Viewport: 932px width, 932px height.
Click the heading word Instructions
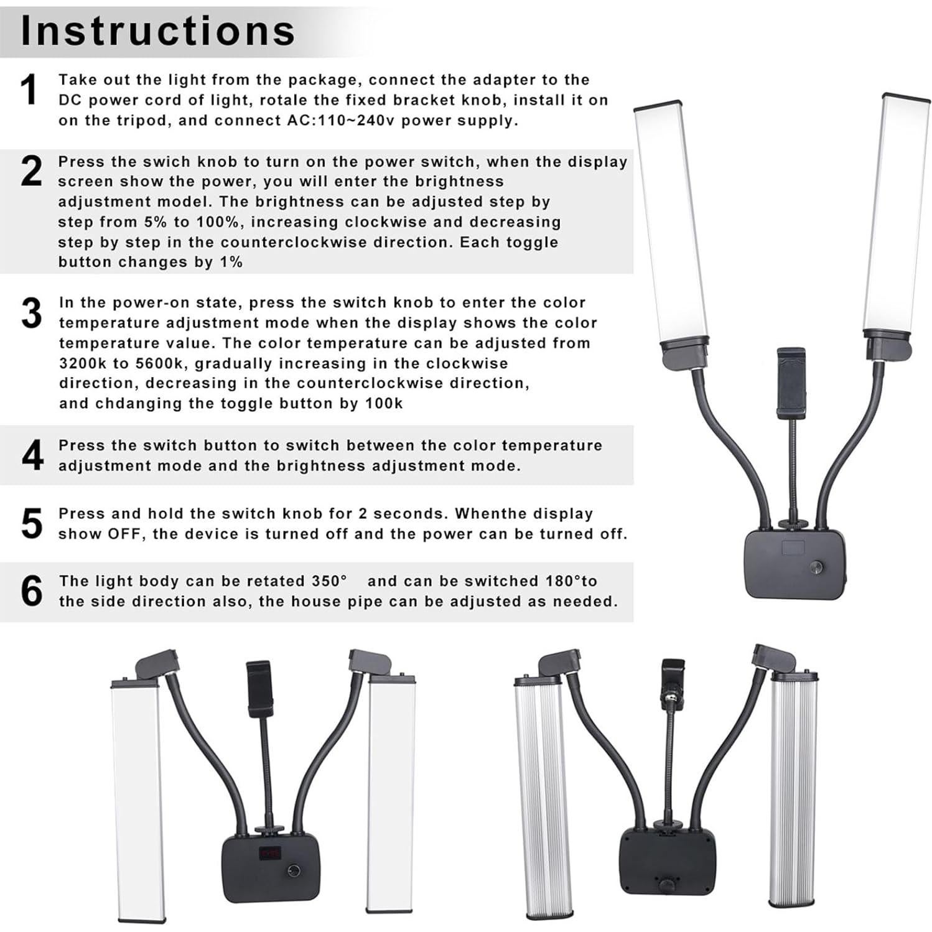158,30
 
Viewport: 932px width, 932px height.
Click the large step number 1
29,90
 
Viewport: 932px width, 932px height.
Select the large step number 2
31,171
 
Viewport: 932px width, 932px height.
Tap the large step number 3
31,313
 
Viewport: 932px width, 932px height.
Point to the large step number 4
32,455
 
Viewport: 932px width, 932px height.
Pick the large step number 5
31,523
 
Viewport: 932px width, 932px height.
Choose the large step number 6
31,591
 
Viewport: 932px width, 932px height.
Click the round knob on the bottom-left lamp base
292,870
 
